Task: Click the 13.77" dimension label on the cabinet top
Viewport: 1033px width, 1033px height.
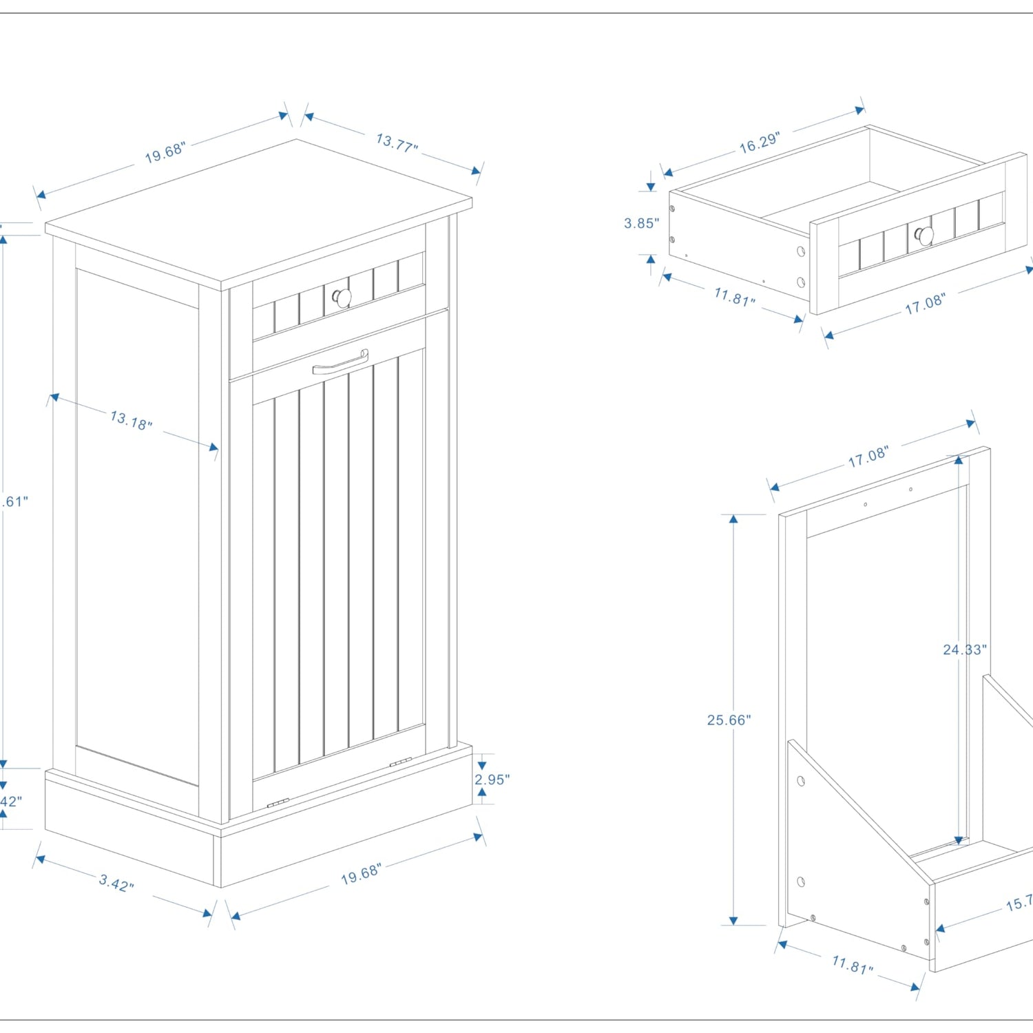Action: [x=397, y=143]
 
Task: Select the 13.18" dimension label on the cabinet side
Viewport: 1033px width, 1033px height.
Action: [x=131, y=419]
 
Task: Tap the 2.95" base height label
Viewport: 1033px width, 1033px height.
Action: [x=492, y=780]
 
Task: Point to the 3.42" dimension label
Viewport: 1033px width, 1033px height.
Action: [x=116, y=882]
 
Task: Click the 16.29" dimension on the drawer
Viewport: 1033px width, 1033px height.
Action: [x=759, y=143]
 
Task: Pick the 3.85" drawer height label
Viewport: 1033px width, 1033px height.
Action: [x=641, y=223]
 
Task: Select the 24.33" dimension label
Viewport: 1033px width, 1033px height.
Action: [x=964, y=649]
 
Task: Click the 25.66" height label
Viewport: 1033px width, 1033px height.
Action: [x=729, y=720]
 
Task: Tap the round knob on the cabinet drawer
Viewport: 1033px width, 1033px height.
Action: [x=342, y=298]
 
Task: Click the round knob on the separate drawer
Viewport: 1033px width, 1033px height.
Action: [x=924, y=236]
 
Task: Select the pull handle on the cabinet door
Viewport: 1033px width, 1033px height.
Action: [x=341, y=362]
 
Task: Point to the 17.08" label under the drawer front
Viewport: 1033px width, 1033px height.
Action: [x=925, y=304]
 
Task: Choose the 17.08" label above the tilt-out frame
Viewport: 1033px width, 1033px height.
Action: [x=868, y=457]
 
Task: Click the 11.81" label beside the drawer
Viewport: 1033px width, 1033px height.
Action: [x=734, y=297]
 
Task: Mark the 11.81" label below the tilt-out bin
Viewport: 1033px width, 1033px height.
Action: [x=852, y=964]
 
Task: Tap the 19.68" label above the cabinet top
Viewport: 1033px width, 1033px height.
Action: [x=165, y=153]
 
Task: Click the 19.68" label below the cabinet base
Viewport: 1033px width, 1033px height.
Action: [x=361, y=874]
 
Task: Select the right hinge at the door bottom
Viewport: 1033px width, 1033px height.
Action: [x=400, y=762]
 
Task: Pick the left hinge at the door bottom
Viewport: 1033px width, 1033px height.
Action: [x=278, y=803]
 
